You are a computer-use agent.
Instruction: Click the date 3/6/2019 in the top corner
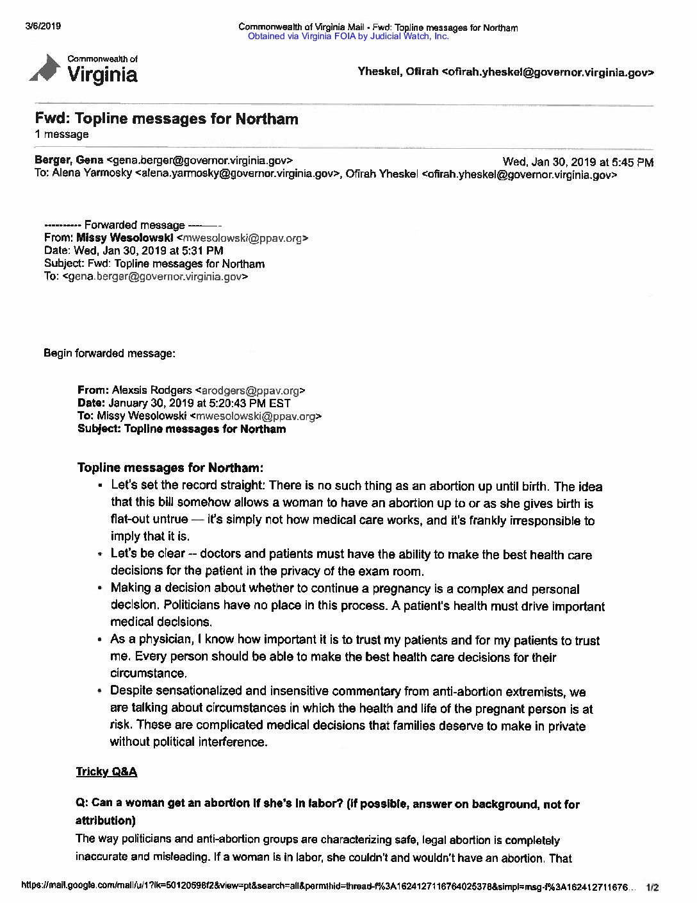point(42,26)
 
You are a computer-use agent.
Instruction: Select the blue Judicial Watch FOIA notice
point(348,37)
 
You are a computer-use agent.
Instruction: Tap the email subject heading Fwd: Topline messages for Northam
point(167,119)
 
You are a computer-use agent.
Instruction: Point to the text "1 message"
point(61,135)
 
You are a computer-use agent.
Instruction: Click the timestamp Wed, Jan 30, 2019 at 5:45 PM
point(578,162)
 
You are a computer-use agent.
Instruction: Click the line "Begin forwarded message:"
point(109,353)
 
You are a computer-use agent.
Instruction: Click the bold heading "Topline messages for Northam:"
point(170,468)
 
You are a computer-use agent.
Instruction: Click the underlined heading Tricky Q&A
point(106,772)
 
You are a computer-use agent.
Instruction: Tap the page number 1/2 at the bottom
point(652,888)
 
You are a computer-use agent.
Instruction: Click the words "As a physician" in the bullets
point(151,640)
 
